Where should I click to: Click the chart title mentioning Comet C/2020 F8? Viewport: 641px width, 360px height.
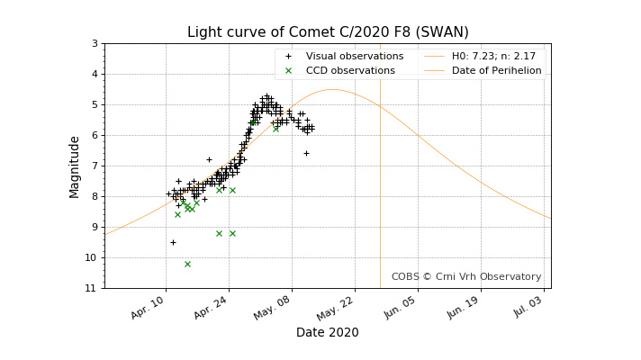coord(328,32)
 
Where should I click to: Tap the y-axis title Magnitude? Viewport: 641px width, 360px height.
coord(76,166)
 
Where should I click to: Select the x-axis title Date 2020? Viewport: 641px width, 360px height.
coord(327,333)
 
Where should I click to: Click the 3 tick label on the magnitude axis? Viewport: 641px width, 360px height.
coord(95,44)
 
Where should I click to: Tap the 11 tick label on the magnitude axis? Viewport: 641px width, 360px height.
coord(92,289)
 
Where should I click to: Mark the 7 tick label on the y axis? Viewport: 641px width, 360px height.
coord(95,166)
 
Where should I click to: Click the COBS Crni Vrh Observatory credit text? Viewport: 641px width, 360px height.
coord(466,277)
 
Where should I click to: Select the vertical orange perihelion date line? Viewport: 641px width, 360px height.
coord(380,180)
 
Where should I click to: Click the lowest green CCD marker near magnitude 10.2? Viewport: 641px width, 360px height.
coord(187,264)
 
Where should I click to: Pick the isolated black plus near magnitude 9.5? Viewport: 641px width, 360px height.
coord(173,242)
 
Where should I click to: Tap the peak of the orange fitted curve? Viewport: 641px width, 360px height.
coord(332,89)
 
